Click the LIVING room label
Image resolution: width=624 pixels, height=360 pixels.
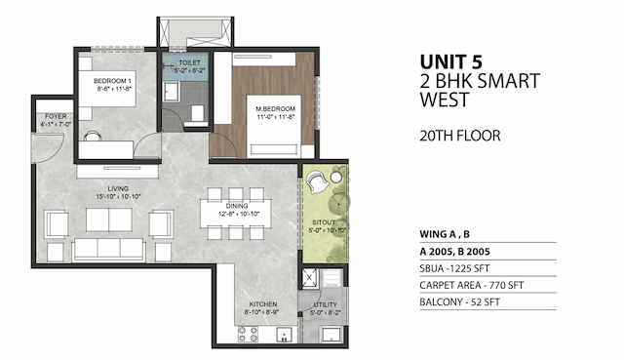point(120,187)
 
